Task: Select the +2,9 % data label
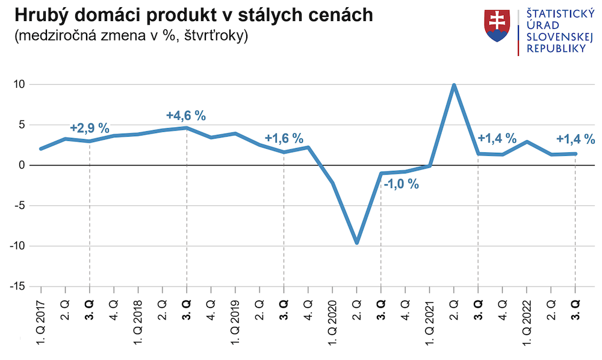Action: tap(90, 128)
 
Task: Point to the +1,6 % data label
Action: tap(284, 138)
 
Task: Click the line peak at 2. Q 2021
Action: tap(454, 85)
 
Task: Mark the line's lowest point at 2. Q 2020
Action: tap(357, 243)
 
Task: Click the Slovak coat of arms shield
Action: tap(497, 26)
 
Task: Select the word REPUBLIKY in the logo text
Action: tap(556, 49)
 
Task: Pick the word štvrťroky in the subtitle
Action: tap(216, 36)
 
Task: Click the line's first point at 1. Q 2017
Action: tap(41, 148)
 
